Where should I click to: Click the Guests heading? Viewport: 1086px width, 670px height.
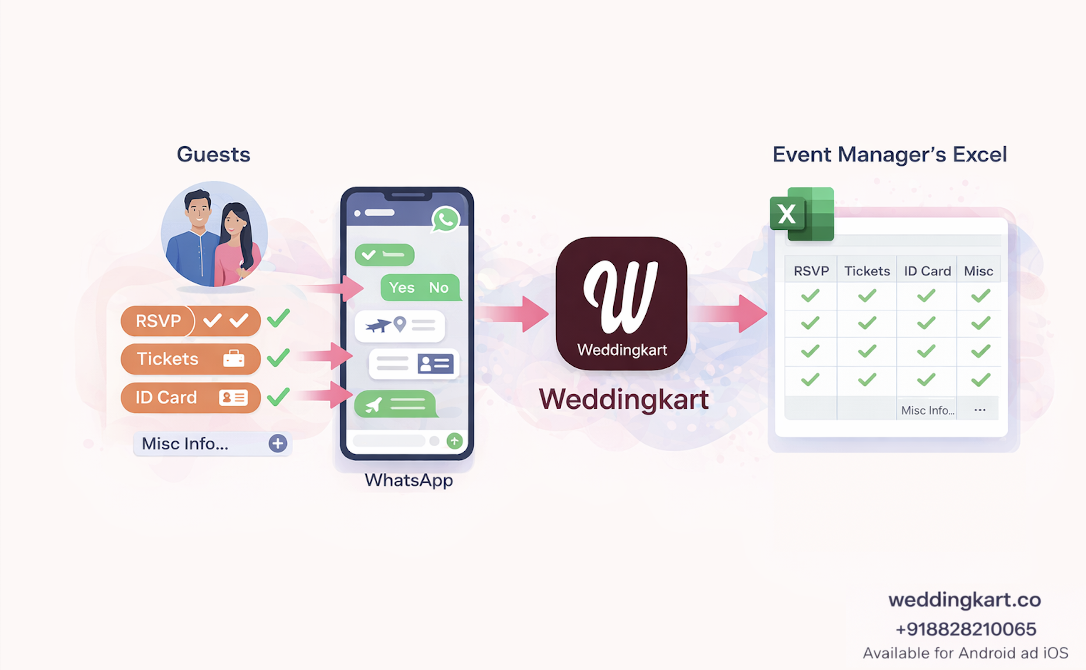(x=213, y=154)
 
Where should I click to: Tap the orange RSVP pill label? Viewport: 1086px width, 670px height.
(x=158, y=320)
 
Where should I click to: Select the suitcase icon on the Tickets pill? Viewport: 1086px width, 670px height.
(x=233, y=359)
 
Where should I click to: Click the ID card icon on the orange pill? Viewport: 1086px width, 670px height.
(x=233, y=398)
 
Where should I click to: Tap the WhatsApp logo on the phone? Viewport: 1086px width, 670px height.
(x=445, y=219)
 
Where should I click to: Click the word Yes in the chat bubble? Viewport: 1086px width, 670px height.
(x=401, y=288)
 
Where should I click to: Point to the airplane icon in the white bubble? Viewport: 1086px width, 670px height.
(x=377, y=326)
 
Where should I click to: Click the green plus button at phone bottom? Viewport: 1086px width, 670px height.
(x=455, y=441)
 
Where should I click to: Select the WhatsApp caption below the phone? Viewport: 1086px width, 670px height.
(x=409, y=480)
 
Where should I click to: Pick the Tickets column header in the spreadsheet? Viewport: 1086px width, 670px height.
(x=867, y=271)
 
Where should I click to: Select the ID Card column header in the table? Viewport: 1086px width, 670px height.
(x=927, y=271)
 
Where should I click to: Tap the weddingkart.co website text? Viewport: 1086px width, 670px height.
(x=964, y=600)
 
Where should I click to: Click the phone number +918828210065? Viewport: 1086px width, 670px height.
(x=966, y=629)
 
